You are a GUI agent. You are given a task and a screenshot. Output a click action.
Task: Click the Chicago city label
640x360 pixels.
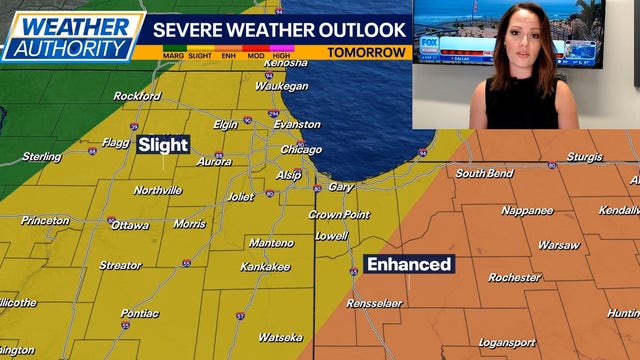pyautogui.click(x=301, y=149)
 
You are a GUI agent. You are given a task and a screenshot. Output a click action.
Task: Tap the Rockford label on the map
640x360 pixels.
pyautogui.click(x=137, y=96)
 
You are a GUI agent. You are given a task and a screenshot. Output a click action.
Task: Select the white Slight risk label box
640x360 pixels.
pyautogui.click(x=163, y=145)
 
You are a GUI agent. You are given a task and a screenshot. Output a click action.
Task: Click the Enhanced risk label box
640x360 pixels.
pyautogui.click(x=409, y=264)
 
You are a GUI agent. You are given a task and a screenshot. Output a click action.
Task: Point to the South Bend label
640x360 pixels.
pyautogui.click(x=485, y=173)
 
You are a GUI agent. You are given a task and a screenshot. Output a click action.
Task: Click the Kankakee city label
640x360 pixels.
pyautogui.click(x=265, y=267)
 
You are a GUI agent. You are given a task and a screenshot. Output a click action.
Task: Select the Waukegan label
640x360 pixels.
pyautogui.click(x=281, y=87)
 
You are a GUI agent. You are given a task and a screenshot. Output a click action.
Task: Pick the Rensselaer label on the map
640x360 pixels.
pyautogui.click(x=375, y=303)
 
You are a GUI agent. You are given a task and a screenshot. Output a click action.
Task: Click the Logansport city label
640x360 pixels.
pyautogui.click(x=506, y=342)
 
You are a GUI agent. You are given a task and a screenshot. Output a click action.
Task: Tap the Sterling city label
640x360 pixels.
pyautogui.click(x=42, y=157)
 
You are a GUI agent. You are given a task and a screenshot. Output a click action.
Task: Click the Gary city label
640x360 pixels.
pyautogui.click(x=342, y=187)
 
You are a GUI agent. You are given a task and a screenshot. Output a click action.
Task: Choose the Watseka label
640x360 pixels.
pyautogui.click(x=280, y=337)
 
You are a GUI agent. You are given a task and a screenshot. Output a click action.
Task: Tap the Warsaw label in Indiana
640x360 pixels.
pyautogui.click(x=558, y=245)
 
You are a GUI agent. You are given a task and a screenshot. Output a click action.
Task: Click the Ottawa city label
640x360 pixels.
pyautogui.click(x=130, y=225)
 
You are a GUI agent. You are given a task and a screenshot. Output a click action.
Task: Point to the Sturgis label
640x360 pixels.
pyautogui.click(x=585, y=157)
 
